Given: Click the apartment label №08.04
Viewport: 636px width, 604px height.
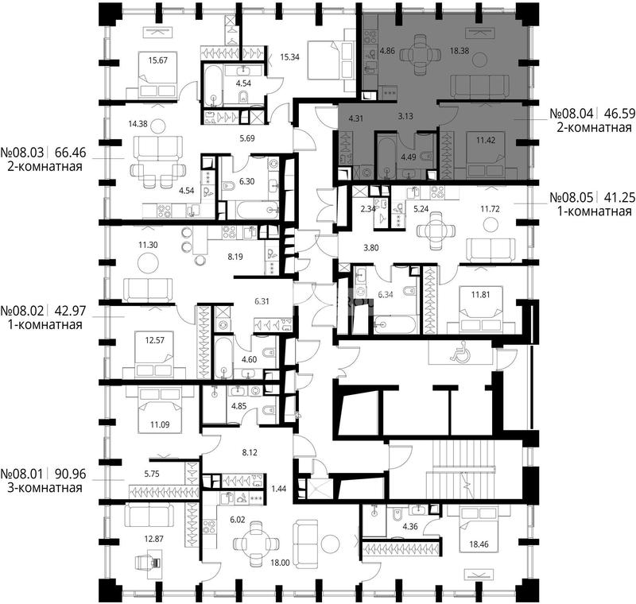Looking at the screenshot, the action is point(571,113).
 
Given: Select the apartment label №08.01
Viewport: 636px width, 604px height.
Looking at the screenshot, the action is point(22,474).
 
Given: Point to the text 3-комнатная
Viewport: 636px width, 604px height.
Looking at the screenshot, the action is point(45,488).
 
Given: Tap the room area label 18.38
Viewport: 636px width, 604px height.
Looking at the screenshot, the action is point(460,51).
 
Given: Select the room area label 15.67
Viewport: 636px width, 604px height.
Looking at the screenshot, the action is point(157,60).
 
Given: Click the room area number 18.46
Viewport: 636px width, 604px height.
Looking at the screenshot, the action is point(479,544).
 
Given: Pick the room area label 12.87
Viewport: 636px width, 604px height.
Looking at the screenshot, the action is point(154,539).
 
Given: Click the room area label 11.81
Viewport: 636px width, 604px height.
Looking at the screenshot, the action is point(480,295).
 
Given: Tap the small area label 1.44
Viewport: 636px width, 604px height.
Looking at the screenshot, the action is point(279,489).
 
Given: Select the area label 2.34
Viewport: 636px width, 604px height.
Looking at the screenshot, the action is point(368,209).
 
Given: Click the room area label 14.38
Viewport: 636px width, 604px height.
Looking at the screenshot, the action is point(138,124).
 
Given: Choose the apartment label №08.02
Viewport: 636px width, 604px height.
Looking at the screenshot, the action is point(22,311).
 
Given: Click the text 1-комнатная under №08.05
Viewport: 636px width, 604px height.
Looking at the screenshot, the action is point(595,211).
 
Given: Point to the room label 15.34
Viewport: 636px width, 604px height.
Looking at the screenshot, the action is point(289,56).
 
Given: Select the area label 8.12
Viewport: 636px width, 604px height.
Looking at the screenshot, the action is point(250,452).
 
